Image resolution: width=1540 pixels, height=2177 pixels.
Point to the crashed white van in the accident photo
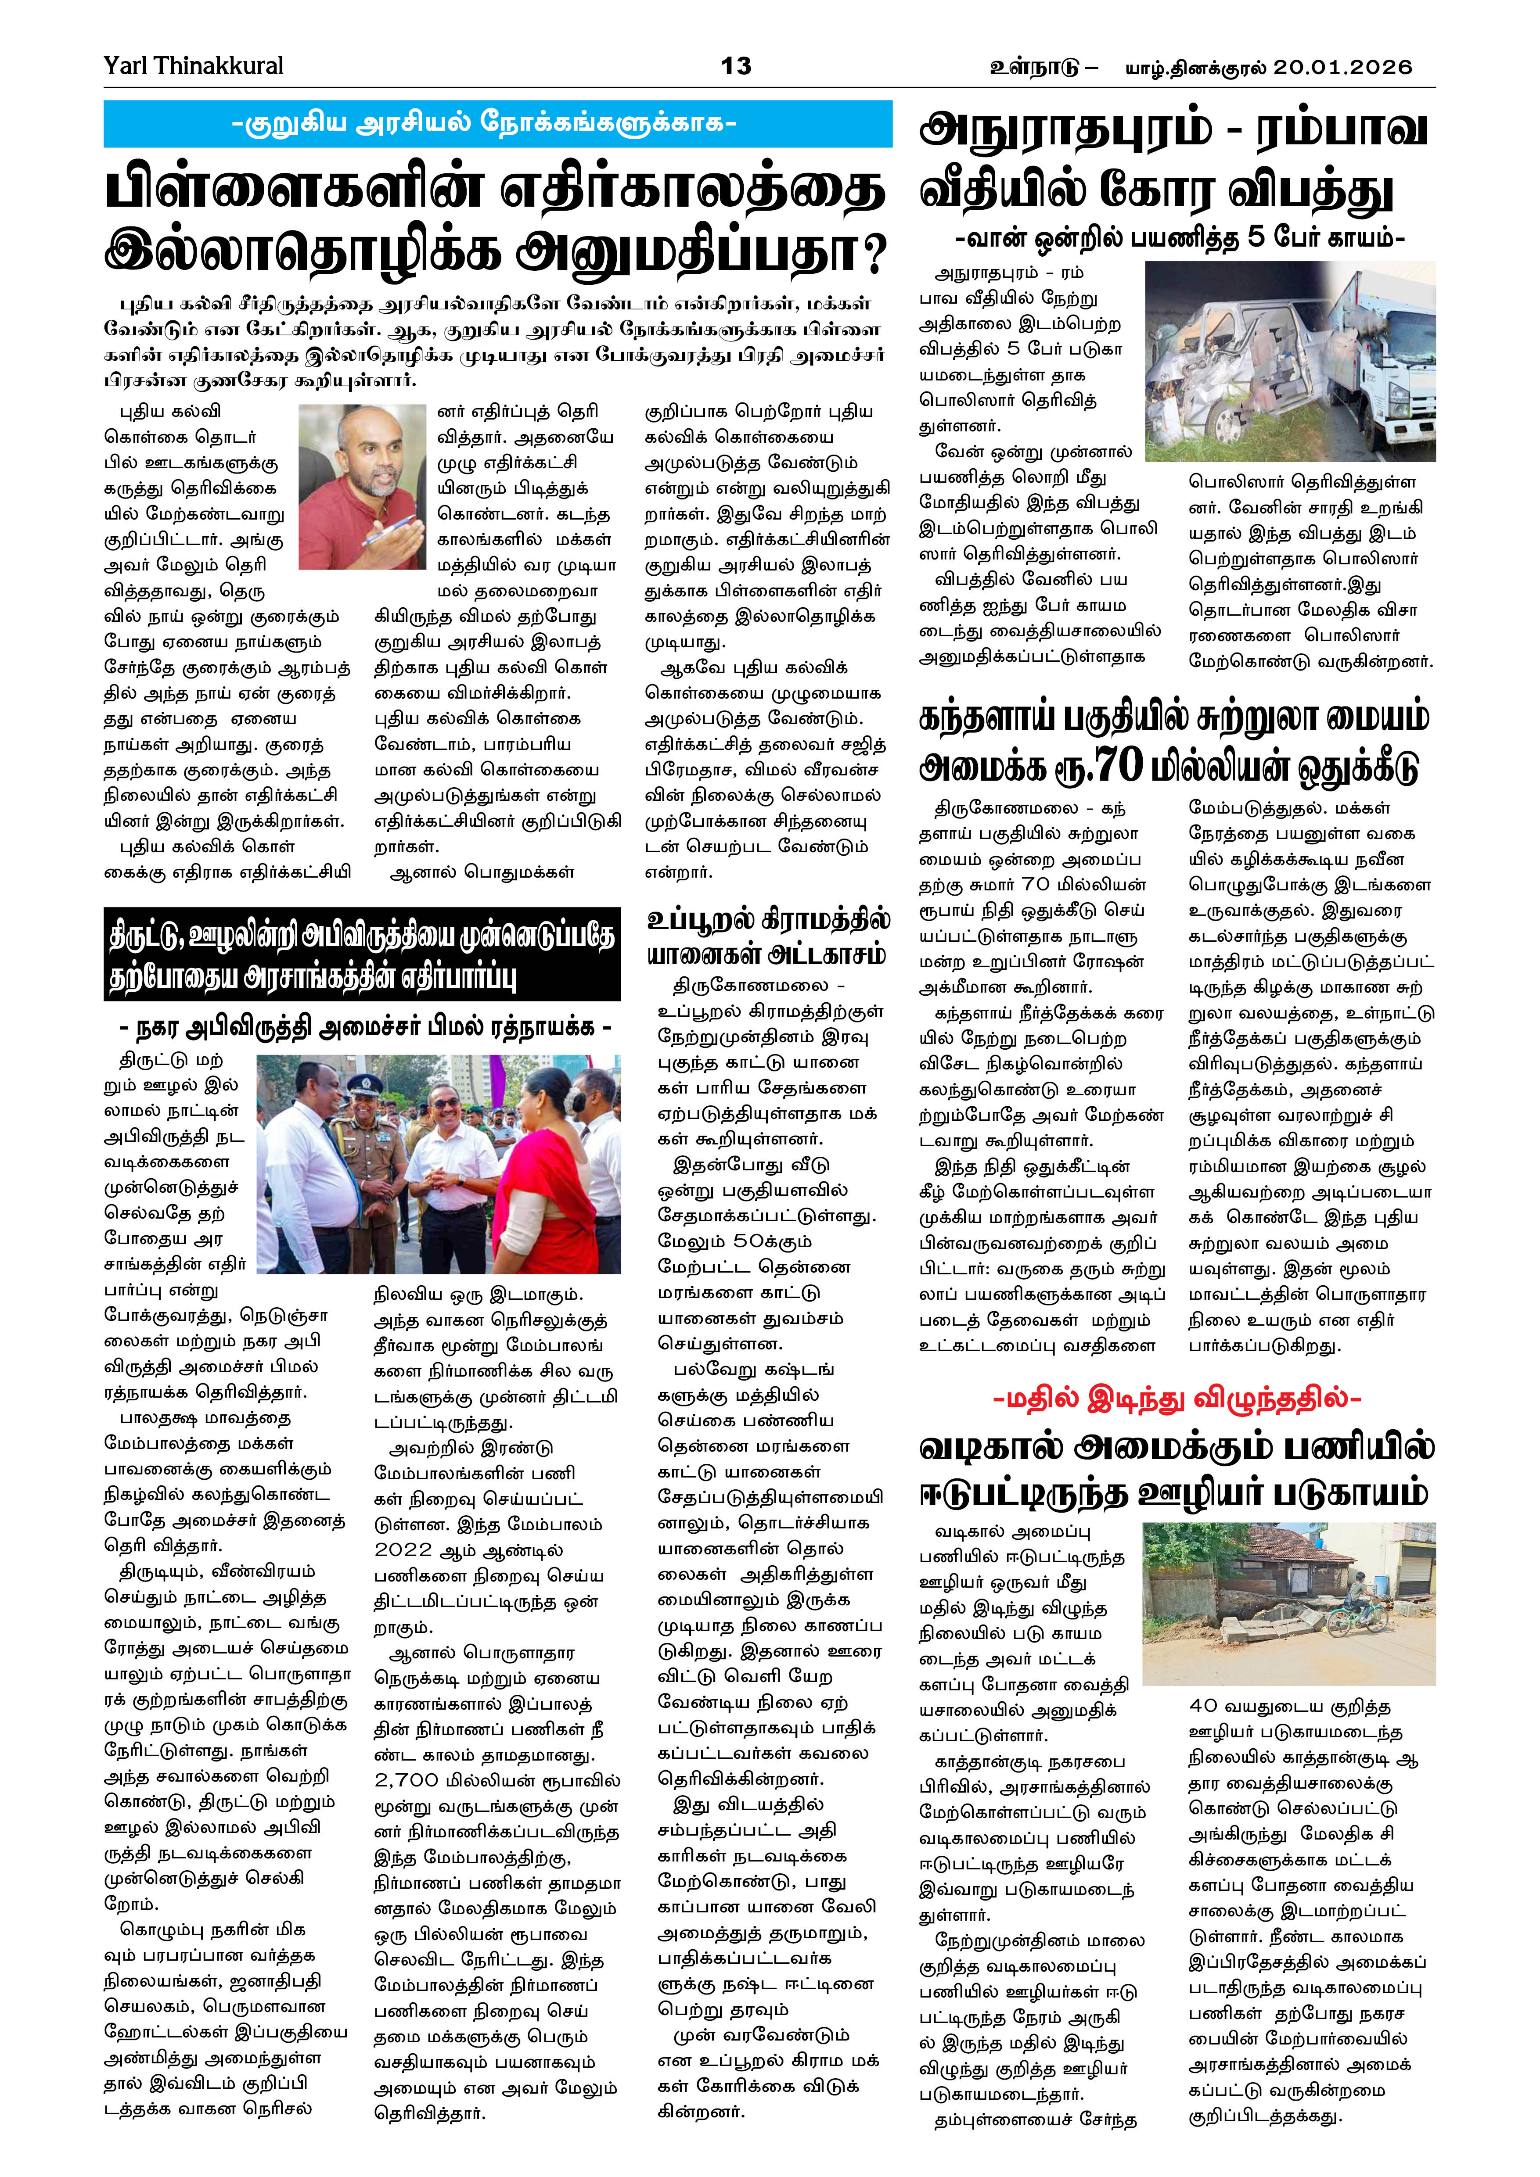[1233, 370]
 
